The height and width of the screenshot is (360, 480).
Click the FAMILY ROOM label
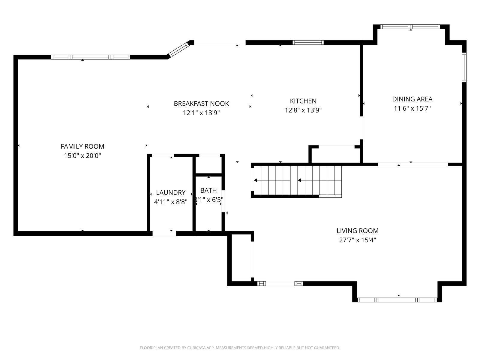[82, 146]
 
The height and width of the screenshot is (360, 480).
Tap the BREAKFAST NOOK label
[201, 103]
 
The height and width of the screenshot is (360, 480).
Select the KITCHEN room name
[303, 101]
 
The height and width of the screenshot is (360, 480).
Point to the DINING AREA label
[412, 99]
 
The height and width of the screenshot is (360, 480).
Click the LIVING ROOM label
[358, 231]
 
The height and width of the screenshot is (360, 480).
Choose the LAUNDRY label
[171, 193]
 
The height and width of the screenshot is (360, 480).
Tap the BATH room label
[208, 190]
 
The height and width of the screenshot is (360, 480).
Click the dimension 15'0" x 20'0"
[82, 156]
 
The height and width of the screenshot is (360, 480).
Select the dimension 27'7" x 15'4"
[358, 240]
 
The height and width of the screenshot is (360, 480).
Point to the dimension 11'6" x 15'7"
[412, 108]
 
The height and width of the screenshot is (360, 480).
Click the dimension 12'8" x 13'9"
[303, 110]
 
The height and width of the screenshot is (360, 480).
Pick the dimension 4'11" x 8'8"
[171, 202]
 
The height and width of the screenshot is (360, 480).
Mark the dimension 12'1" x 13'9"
[201, 113]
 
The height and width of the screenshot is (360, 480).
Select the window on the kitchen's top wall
[308, 42]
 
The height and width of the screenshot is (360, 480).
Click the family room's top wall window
[91, 57]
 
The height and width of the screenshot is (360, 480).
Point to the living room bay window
[397, 300]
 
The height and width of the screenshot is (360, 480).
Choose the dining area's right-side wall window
[464, 67]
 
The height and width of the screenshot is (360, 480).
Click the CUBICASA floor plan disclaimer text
[240, 347]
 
